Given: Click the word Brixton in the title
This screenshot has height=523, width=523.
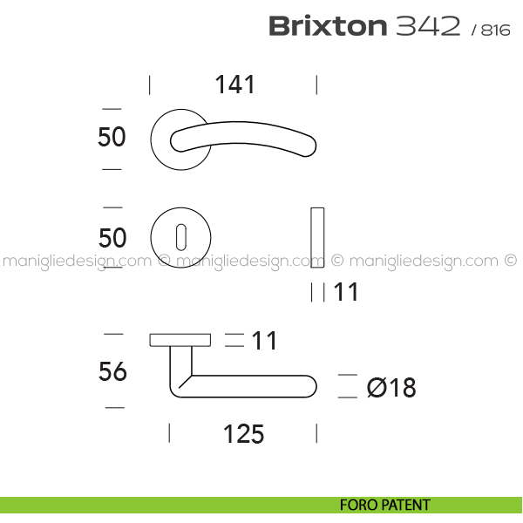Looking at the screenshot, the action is [328, 26].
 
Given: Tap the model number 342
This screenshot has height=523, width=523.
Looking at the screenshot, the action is [428, 26].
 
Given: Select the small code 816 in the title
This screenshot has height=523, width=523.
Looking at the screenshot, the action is [496, 31].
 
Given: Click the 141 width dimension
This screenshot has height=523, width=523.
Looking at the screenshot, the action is [235, 85].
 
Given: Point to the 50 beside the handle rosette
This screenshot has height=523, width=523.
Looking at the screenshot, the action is [112, 137].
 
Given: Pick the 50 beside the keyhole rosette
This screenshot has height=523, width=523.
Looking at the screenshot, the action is [112, 238].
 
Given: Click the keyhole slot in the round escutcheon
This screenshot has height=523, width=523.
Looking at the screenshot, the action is [181, 237].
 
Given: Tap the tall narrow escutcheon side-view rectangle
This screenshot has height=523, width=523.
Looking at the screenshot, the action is [317, 237].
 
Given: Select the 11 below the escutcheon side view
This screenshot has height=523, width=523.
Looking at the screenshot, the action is [346, 292].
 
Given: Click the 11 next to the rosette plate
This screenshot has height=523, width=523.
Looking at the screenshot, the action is [264, 341].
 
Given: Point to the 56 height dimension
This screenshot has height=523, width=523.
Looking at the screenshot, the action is [112, 371].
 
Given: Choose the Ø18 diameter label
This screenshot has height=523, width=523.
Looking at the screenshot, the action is [391, 388].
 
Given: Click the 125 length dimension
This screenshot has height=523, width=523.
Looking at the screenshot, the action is [243, 434].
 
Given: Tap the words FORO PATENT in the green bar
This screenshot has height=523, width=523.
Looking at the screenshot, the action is [385, 505].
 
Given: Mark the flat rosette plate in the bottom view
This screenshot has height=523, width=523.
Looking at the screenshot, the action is [180, 340].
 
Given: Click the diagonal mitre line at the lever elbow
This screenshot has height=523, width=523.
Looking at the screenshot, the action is [186, 382].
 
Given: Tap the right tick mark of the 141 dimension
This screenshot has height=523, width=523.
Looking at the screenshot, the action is [316, 85].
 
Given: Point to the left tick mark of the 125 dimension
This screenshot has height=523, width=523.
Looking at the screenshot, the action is [169, 433].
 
